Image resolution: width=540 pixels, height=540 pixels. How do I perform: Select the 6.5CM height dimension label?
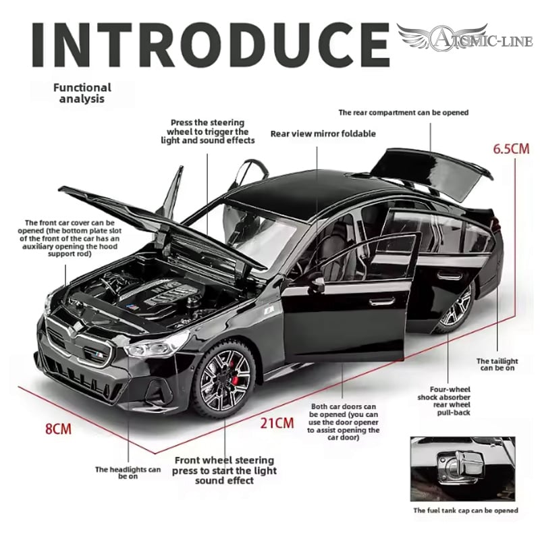pyautogui.click(x=510, y=148)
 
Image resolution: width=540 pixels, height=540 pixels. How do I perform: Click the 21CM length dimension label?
pyautogui.click(x=277, y=423)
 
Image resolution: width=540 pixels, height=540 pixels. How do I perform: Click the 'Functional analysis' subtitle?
pyautogui.click(x=82, y=92)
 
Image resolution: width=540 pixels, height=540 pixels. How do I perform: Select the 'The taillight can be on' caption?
pyautogui.click(x=497, y=364)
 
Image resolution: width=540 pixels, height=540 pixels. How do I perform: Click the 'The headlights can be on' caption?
pyautogui.click(x=128, y=473)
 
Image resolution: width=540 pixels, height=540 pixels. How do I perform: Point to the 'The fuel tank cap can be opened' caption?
pyautogui.click(x=465, y=511)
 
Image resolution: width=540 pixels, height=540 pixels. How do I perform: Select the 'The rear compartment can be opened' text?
pyautogui.click(x=403, y=113)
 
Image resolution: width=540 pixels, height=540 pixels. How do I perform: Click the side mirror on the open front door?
pyautogui.click(x=316, y=284)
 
